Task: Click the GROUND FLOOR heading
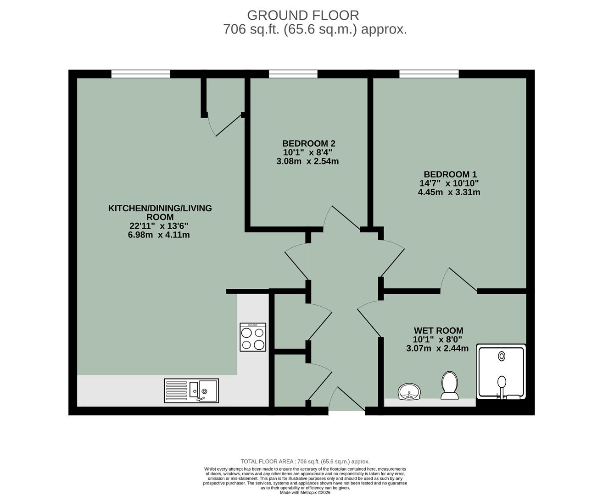(303, 15)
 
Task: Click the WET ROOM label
(438, 330)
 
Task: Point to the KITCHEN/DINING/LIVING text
(160, 209)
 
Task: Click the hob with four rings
(253, 337)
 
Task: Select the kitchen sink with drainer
(192, 390)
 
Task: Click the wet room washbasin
(408, 392)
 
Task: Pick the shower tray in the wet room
(501, 372)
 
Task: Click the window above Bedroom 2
(293, 73)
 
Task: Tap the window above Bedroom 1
(429, 73)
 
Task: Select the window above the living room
(141, 73)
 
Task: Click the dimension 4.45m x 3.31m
(449, 192)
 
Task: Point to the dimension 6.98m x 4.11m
(159, 235)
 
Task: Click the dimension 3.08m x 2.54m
(307, 161)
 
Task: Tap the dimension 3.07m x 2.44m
(437, 348)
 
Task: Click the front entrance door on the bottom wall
(346, 410)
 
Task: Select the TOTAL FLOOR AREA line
(305, 462)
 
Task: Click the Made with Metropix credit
(305, 493)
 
